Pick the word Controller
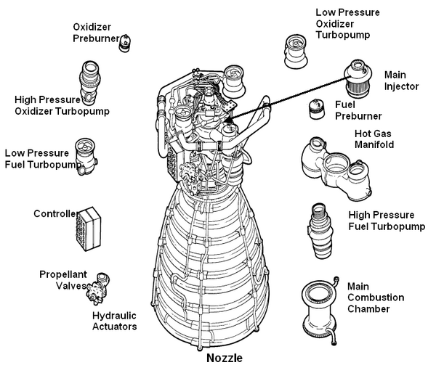(55, 213)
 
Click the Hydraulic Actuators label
(115, 321)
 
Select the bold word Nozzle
(224, 358)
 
